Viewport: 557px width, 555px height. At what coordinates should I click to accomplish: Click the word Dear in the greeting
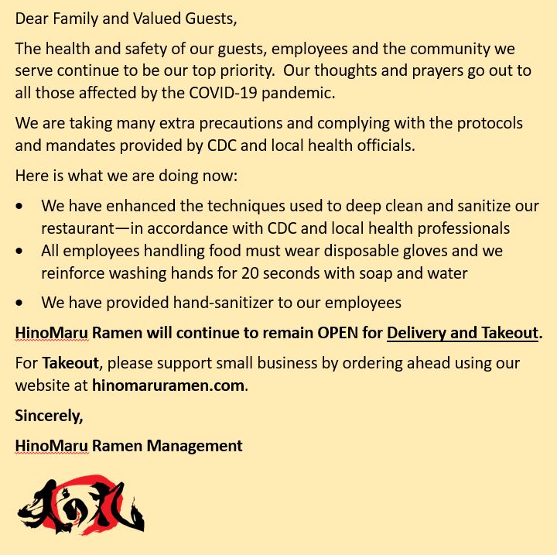coord(31,17)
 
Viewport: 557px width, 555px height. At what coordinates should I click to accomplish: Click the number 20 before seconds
coord(250,273)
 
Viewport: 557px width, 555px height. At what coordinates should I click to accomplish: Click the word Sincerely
coord(49,416)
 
